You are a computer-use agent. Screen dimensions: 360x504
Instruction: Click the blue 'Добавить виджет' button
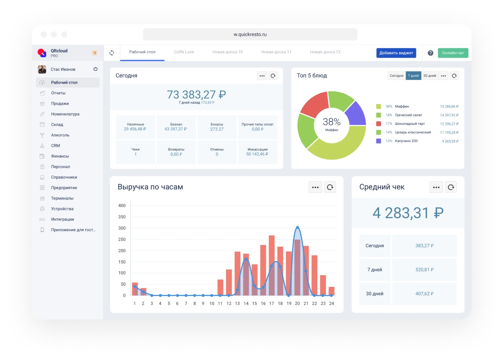[396, 53]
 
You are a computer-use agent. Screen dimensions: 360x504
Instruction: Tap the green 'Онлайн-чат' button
[453, 53]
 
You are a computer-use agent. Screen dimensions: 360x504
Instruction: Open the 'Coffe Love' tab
[184, 52]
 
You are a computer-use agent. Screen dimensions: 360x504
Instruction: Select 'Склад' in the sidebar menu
[57, 124]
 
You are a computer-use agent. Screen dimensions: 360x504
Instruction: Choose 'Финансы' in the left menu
[60, 156]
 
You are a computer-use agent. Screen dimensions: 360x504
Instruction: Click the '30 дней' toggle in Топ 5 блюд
[430, 76]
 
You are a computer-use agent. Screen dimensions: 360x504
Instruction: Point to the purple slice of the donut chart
[356, 113]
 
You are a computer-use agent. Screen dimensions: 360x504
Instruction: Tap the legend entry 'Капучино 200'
[406, 141]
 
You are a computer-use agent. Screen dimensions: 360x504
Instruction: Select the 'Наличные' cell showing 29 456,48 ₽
[136, 127]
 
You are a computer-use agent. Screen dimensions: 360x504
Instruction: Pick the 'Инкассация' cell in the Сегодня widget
[258, 152]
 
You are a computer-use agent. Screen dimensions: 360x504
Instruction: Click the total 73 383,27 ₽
[196, 95]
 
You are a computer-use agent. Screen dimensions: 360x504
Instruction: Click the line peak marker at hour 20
[297, 228]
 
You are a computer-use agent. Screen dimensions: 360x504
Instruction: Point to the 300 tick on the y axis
[122, 228]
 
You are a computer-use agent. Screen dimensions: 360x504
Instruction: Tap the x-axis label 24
[331, 304]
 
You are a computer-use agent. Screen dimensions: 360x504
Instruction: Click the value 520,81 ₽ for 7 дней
[424, 270]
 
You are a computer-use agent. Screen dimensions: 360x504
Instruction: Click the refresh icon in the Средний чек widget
[451, 187]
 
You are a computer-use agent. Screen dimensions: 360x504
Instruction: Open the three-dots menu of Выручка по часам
[315, 187]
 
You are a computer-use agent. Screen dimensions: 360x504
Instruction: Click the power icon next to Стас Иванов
[96, 69]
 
